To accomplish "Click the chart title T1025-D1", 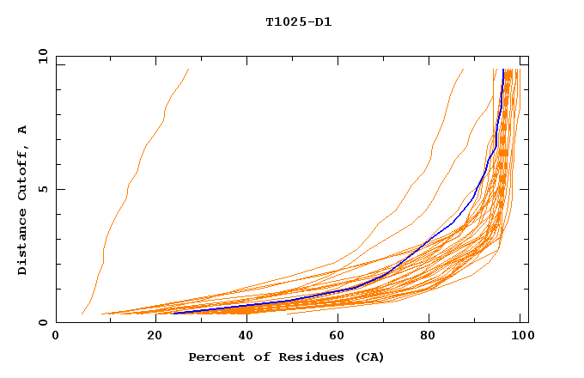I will [x=298, y=21].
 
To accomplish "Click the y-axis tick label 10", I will [x=42, y=57].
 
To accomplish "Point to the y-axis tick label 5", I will [x=42, y=189].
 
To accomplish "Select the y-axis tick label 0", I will [x=42, y=322].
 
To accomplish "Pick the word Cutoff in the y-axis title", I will [x=22, y=172].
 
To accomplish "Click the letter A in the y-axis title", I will [x=22, y=130].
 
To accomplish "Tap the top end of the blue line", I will [x=503, y=70].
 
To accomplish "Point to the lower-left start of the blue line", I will [x=174, y=313].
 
